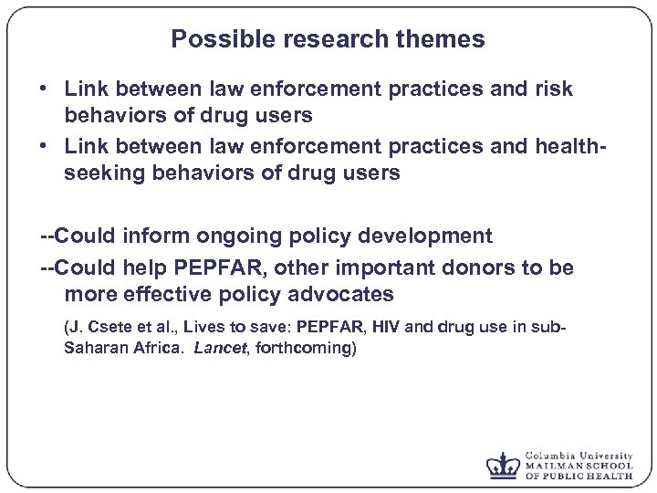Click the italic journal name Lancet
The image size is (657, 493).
[x=219, y=348]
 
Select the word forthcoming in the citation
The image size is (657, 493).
[x=308, y=348]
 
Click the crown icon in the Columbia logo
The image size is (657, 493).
[x=502, y=465]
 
